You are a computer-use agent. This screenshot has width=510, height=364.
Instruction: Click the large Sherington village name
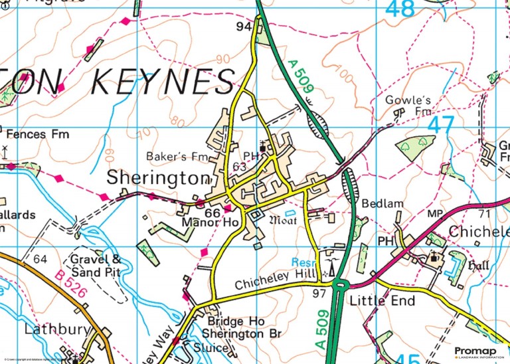coord(158,178)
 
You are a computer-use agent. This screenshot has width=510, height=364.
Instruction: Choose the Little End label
coord(382,301)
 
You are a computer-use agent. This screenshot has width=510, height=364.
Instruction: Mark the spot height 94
coord(244,26)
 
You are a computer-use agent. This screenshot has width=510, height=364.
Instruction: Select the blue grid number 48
coord(400,9)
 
